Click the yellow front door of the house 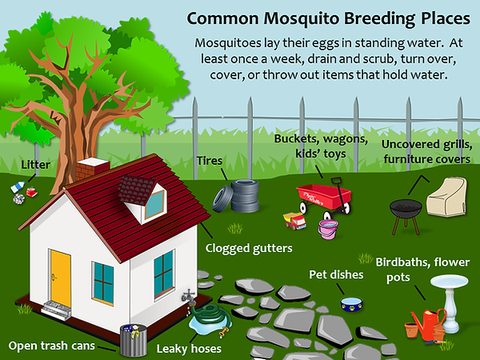[61, 278]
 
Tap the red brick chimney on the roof [92, 169]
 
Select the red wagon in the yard [324, 198]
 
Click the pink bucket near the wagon [328, 229]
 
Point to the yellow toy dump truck [294, 221]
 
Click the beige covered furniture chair [447, 197]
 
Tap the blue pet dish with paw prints [352, 304]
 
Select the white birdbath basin [449, 281]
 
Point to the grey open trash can [133, 340]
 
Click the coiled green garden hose [210, 317]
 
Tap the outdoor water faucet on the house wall [189, 296]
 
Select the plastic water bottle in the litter [18, 186]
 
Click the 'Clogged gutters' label [249, 248]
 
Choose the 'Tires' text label [210, 161]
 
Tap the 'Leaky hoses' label [189, 348]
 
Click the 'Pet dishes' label [336, 274]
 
